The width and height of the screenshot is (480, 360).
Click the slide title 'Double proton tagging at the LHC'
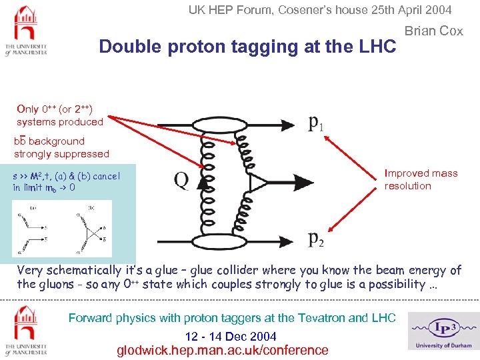247,47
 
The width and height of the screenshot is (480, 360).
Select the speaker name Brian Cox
433,31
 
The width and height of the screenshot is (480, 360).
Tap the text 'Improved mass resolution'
421,179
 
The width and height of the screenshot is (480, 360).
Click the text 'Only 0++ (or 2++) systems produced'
60,115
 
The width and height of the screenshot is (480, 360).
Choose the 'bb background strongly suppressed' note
61,147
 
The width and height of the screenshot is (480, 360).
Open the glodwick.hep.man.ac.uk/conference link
223,350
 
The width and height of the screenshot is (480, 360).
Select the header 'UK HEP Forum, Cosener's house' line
319,10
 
